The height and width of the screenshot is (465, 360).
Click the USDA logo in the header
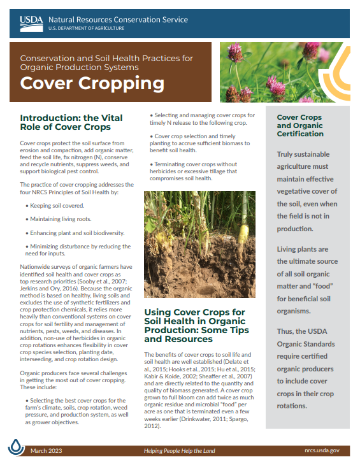click(x=32, y=23)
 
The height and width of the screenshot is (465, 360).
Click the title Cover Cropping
click(x=92, y=83)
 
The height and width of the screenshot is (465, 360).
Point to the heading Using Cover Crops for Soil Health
click(x=195, y=325)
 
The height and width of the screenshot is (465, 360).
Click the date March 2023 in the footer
click(x=46, y=450)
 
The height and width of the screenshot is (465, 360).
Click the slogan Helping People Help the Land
click(x=179, y=450)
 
